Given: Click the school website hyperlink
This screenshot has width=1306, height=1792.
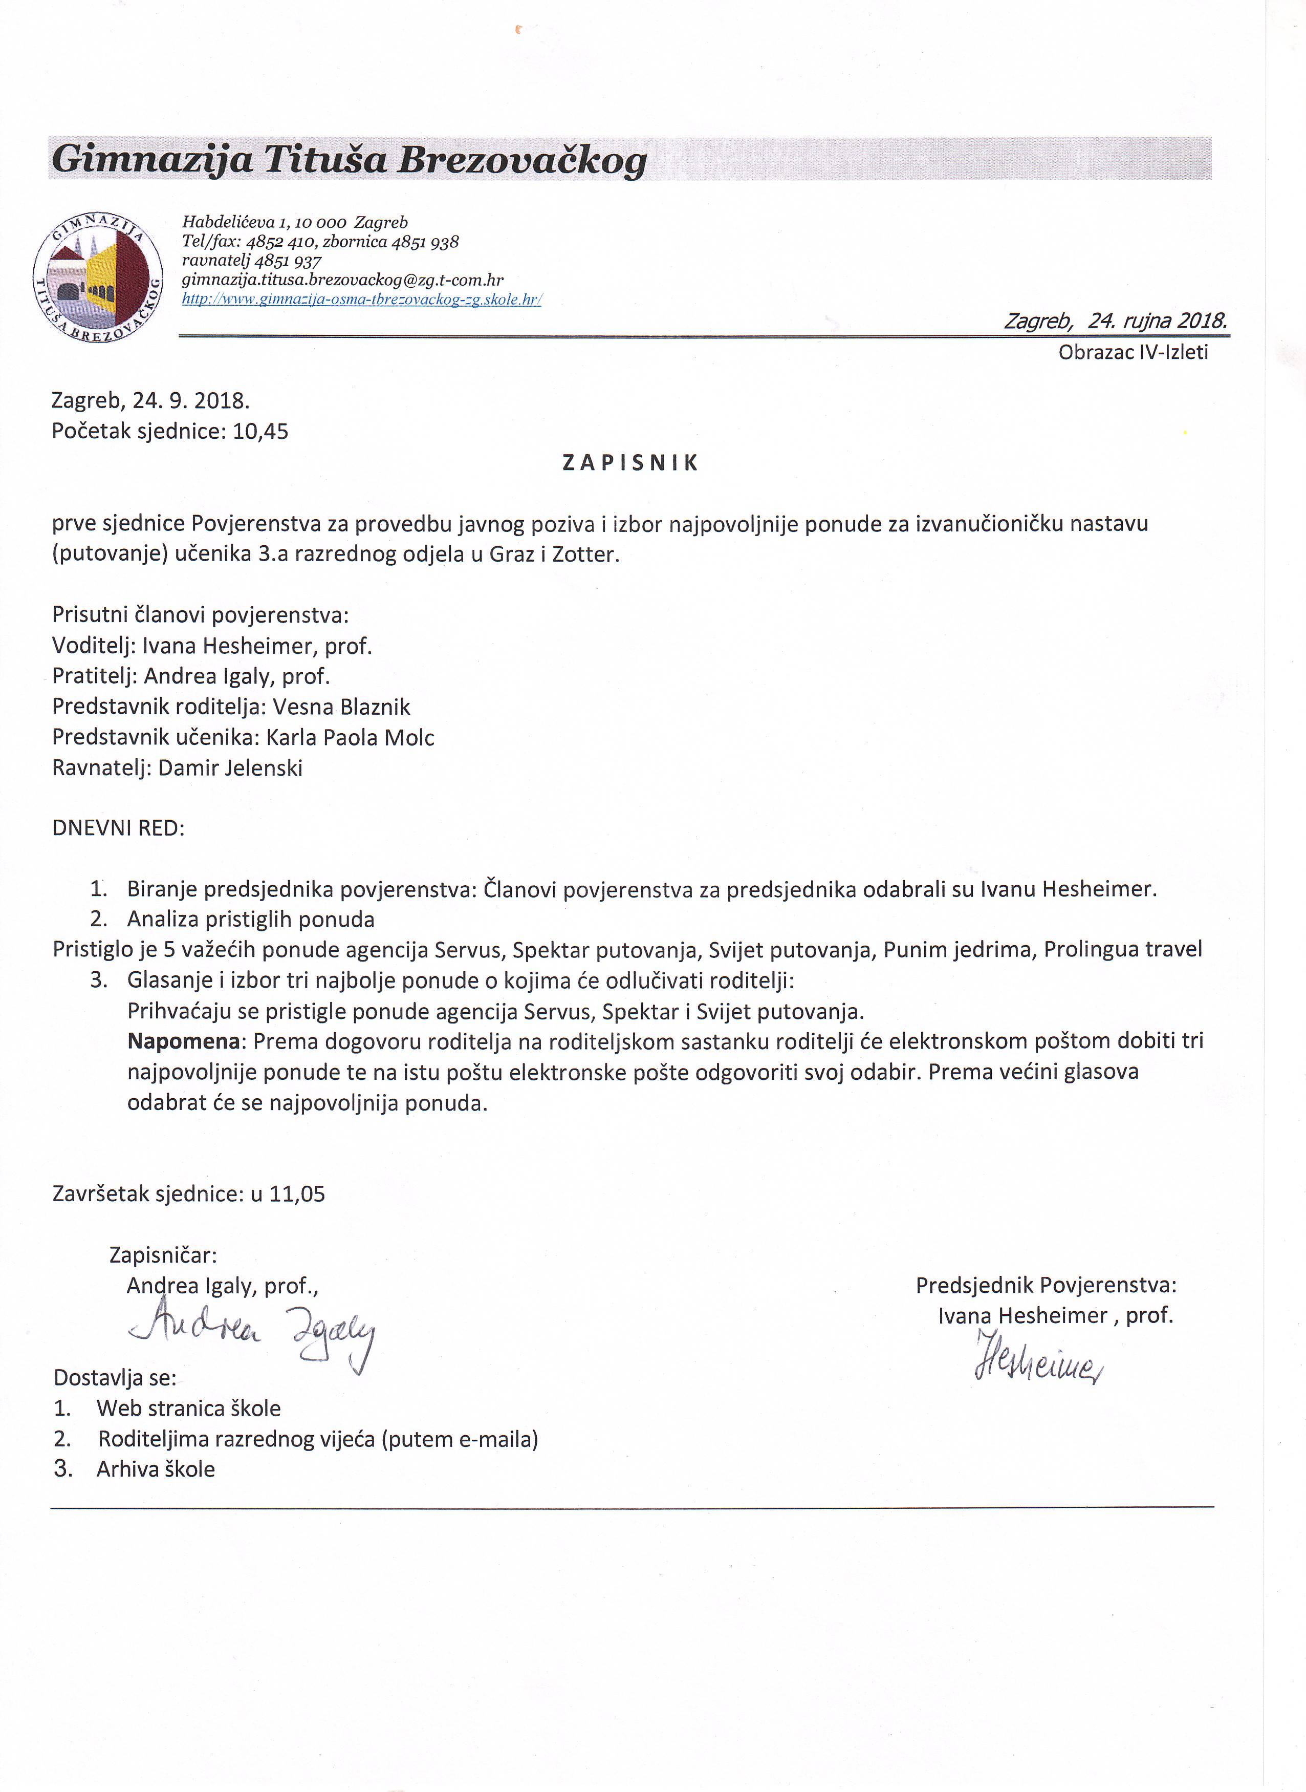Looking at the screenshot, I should coord(361,300).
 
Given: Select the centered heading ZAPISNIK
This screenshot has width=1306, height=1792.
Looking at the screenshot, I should coord(630,463).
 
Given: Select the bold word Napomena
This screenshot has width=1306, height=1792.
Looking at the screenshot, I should coord(183,1041).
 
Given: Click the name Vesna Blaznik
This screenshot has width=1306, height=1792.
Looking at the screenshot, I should coord(341,707).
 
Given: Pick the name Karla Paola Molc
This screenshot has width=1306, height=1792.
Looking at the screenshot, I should coord(350,738).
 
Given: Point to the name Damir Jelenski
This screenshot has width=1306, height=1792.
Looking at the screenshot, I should coord(230,769).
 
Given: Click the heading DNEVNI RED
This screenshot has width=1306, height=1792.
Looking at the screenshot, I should coord(118,829).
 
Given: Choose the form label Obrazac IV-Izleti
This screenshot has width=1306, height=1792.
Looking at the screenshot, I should coord(1133,353).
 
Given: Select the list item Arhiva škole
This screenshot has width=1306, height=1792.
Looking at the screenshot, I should coord(156,1469).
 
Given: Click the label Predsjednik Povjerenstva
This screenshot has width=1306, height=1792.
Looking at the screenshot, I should coord(1045,1286).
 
